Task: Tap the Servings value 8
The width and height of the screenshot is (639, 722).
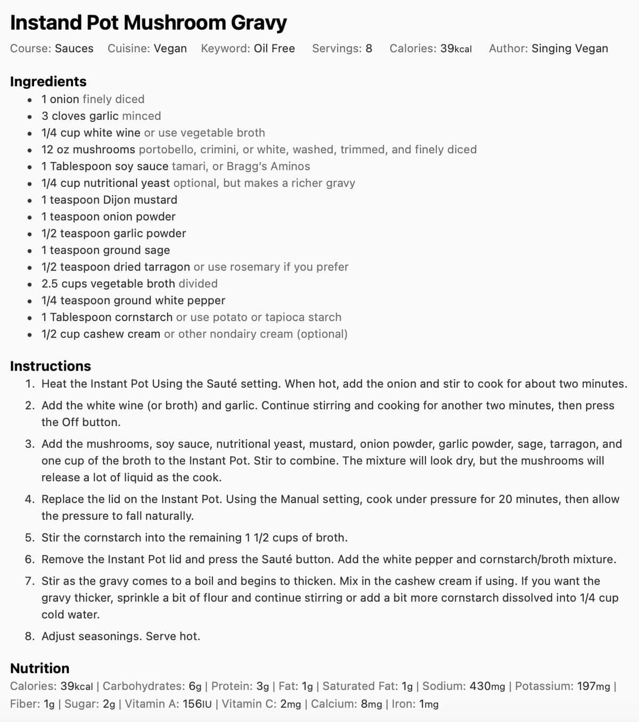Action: click(368, 48)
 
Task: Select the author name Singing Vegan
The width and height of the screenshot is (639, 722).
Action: click(569, 48)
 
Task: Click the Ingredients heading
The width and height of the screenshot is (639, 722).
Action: click(48, 81)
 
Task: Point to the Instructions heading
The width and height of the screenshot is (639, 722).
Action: click(51, 366)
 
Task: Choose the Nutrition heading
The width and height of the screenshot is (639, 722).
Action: click(40, 668)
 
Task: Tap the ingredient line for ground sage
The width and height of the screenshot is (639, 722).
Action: click(105, 250)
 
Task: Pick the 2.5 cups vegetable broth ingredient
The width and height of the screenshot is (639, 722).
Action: click(108, 284)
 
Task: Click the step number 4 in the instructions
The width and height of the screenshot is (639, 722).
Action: click(29, 499)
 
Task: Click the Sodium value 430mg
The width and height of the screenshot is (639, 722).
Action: click(487, 686)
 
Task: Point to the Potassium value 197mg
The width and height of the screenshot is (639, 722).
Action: click(594, 686)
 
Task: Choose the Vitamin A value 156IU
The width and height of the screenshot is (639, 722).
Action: click(197, 704)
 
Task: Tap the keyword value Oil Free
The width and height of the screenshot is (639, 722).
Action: click(274, 48)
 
